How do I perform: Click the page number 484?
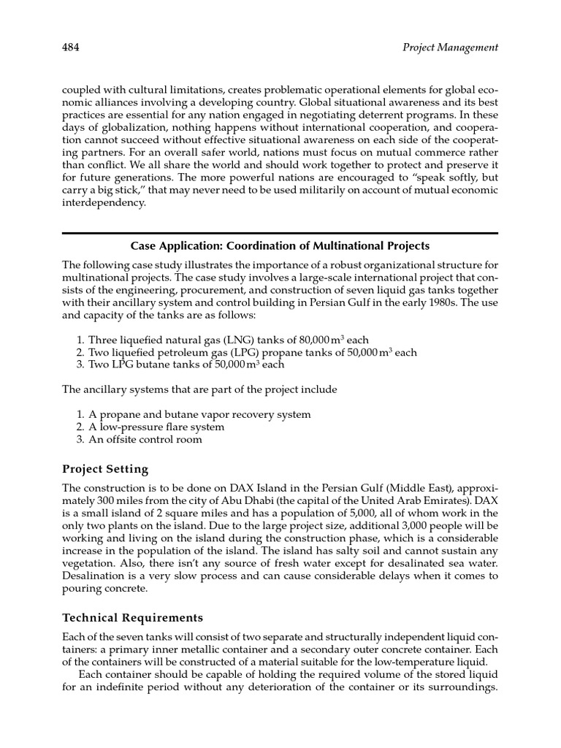coord(71,47)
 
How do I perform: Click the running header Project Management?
coord(450,47)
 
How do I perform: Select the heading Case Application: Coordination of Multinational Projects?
coord(280,245)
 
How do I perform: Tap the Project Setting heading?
coord(105,469)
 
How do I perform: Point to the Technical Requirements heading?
coord(132,618)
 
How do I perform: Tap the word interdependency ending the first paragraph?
coord(104,204)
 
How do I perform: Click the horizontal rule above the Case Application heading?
coord(280,233)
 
